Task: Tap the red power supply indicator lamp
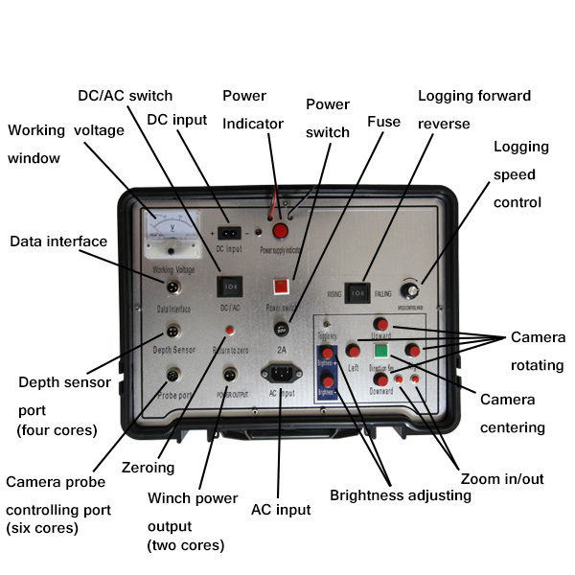(281, 232)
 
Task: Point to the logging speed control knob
(414, 290)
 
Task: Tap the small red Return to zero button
(230, 331)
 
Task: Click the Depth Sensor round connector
(175, 332)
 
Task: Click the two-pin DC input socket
(229, 233)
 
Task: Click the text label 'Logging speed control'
(521, 174)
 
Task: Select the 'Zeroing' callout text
(148, 469)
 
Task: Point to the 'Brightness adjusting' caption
(401, 495)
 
